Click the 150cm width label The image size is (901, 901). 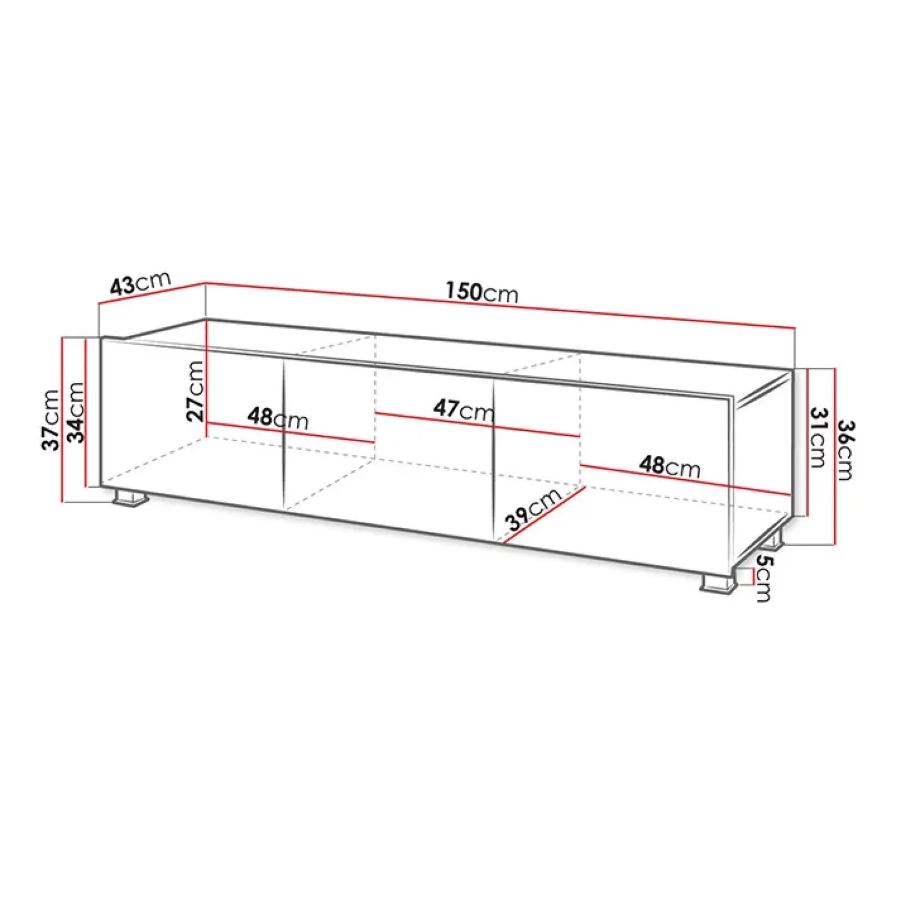click(x=481, y=292)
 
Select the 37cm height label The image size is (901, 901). click(x=51, y=420)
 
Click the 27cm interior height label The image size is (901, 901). click(x=195, y=391)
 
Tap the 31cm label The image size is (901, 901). click(x=818, y=438)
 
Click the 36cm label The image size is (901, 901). click(x=844, y=450)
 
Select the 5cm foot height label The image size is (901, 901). click(x=764, y=578)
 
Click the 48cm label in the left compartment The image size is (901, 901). click(x=278, y=418)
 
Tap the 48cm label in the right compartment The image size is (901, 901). click(x=670, y=466)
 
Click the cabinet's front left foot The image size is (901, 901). click(x=131, y=498)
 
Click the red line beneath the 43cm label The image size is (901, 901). click(x=152, y=293)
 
